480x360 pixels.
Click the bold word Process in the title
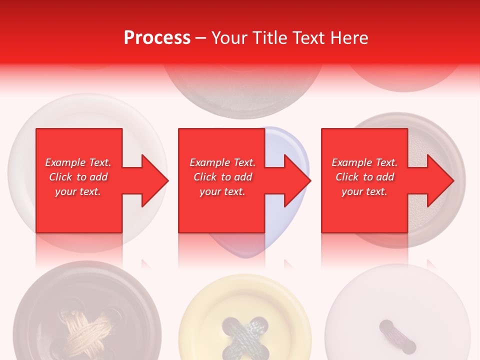(x=157, y=38)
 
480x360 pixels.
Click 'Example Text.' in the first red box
(x=78, y=162)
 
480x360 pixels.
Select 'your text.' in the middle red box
(x=222, y=191)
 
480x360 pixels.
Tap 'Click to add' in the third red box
(x=364, y=177)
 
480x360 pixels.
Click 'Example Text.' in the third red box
(x=364, y=162)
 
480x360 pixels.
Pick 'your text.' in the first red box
(x=78, y=191)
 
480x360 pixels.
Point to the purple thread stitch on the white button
(x=397, y=336)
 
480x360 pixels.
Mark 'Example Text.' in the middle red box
(x=222, y=162)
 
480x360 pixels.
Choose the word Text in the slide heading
(x=309, y=38)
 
